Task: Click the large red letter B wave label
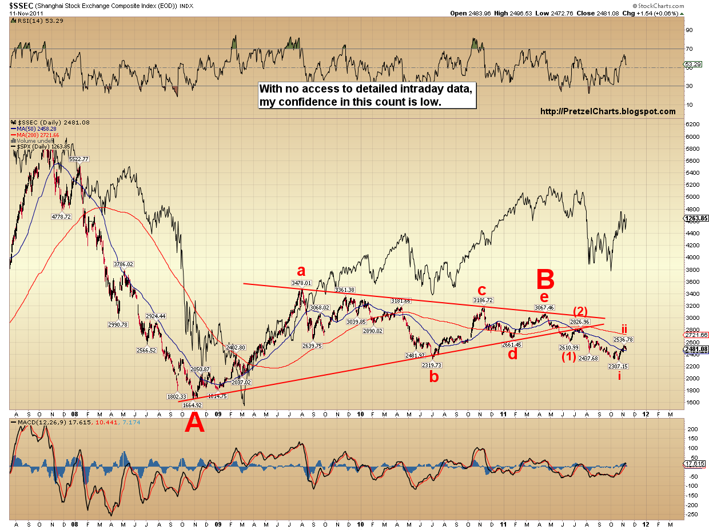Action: pos(545,280)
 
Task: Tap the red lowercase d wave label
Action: pos(513,354)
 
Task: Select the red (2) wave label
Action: pos(580,311)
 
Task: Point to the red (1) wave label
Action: pos(568,357)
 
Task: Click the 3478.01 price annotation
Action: pos(301,283)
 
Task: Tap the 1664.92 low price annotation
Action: pos(193,405)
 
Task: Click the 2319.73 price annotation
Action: pos(431,364)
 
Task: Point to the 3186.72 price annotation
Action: pos(483,300)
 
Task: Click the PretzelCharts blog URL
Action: pos(608,112)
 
